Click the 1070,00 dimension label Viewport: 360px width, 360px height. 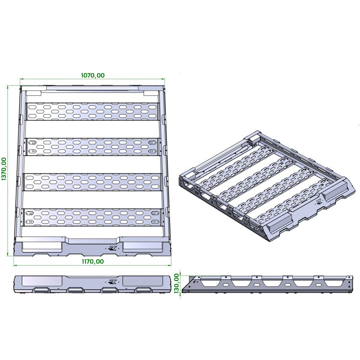[x=93, y=75]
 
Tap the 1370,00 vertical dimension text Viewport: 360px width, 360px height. [x=4, y=169]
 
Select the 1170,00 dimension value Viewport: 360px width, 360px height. [x=93, y=261]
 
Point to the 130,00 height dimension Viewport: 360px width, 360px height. [x=176, y=283]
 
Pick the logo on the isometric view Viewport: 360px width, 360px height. [x=319, y=202]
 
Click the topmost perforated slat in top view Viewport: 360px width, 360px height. [x=93, y=111]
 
